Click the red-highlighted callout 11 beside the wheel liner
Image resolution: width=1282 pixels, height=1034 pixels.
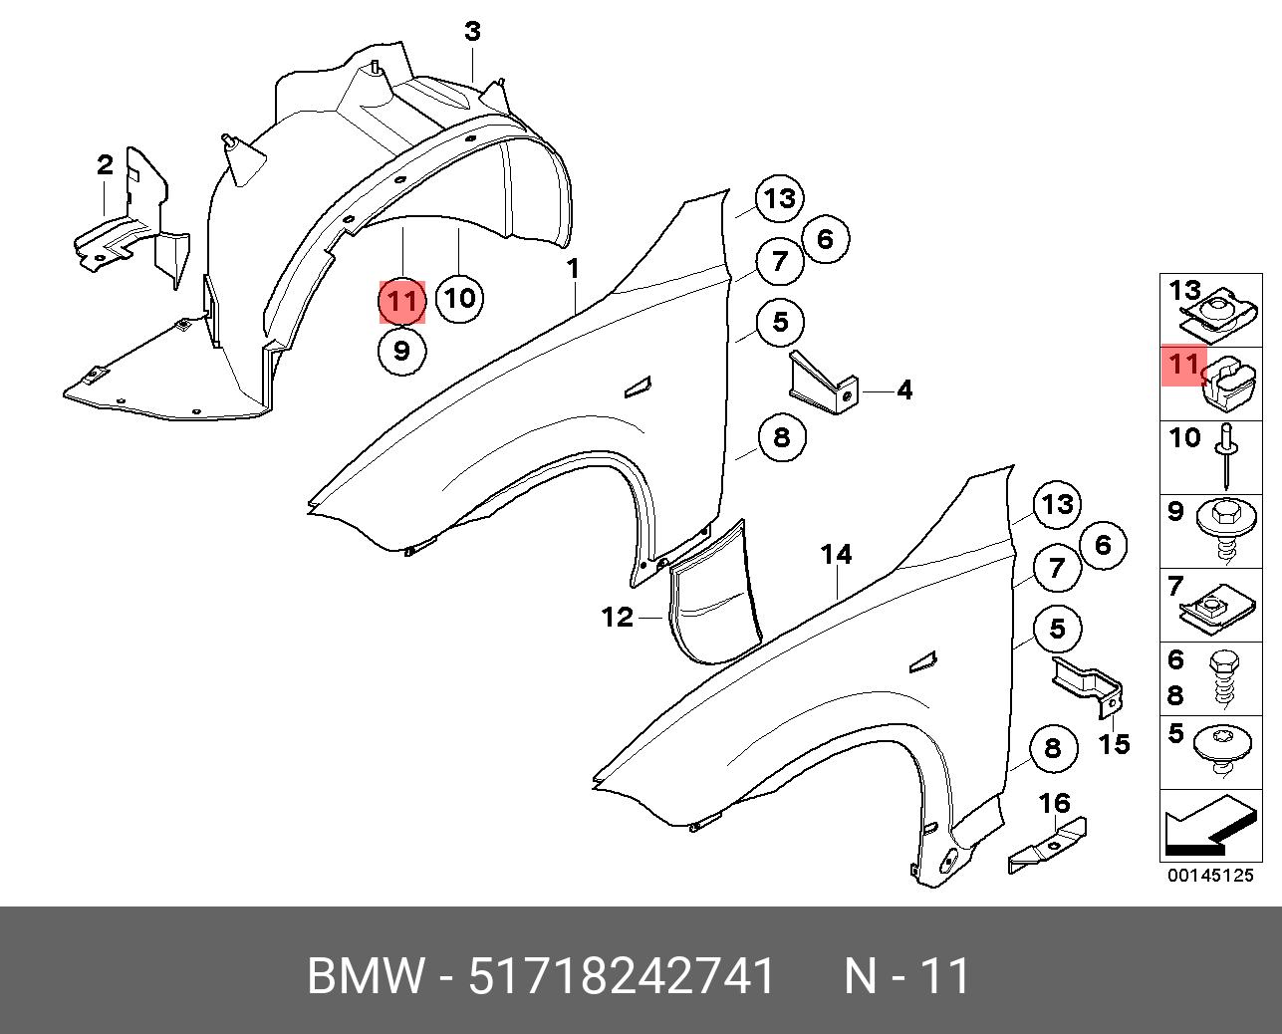click(x=401, y=301)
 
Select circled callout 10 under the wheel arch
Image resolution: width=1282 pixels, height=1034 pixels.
click(x=458, y=298)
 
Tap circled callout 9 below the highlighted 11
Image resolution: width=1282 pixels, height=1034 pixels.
click(x=401, y=351)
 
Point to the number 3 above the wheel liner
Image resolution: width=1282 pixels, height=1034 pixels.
click(x=472, y=32)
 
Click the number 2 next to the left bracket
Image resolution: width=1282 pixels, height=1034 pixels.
click(x=106, y=164)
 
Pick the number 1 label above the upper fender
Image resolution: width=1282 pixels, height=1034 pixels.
click(x=574, y=269)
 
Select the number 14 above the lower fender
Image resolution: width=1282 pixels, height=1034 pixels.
click(x=836, y=554)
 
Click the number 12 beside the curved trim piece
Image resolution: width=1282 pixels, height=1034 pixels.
click(x=618, y=618)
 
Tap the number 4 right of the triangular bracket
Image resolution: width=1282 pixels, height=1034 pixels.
click(x=903, y=389)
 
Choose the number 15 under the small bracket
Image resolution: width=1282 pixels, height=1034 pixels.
click(x=1114, y=743)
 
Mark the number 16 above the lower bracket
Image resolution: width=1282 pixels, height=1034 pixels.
click(x=1054, y=803)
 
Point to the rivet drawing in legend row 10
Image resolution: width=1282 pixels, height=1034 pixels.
click(x=1226, y=453)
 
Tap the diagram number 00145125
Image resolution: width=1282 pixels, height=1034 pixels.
click(x=1210, y=876)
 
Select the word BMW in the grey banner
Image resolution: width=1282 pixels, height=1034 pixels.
click(x=365, y=976)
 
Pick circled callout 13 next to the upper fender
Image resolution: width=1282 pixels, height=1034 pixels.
click(x=779, y=199)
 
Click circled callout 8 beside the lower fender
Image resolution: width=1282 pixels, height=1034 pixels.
click(x=1053, y=749)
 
